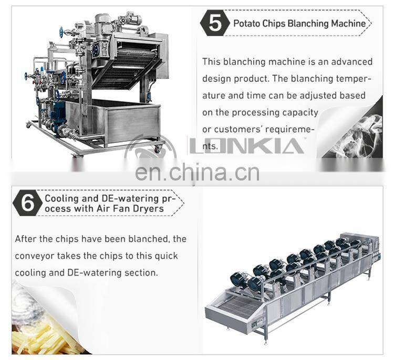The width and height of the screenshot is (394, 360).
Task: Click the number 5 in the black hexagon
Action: [216, 24]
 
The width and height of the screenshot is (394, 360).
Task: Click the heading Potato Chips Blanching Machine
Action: [299, 24]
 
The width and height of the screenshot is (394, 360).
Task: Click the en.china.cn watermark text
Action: [197, 173]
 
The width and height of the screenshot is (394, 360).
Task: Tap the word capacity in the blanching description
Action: [300, 112]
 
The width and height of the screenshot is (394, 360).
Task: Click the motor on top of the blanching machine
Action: [102, 24]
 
